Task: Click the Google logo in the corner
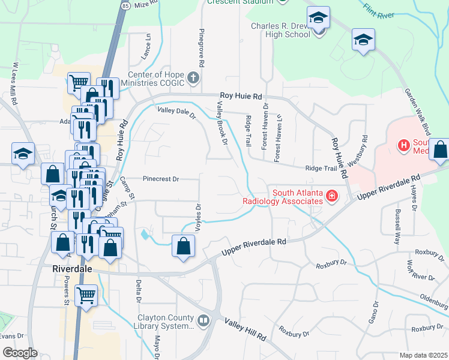point(20,353)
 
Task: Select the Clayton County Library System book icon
point(204,322)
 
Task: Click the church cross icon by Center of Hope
point(193,77)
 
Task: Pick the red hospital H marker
point(403,145)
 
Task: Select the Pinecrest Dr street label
point(161,179)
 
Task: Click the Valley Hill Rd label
point(246,331)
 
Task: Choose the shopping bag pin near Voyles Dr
point(183,246)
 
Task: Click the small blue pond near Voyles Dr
point(145,235)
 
